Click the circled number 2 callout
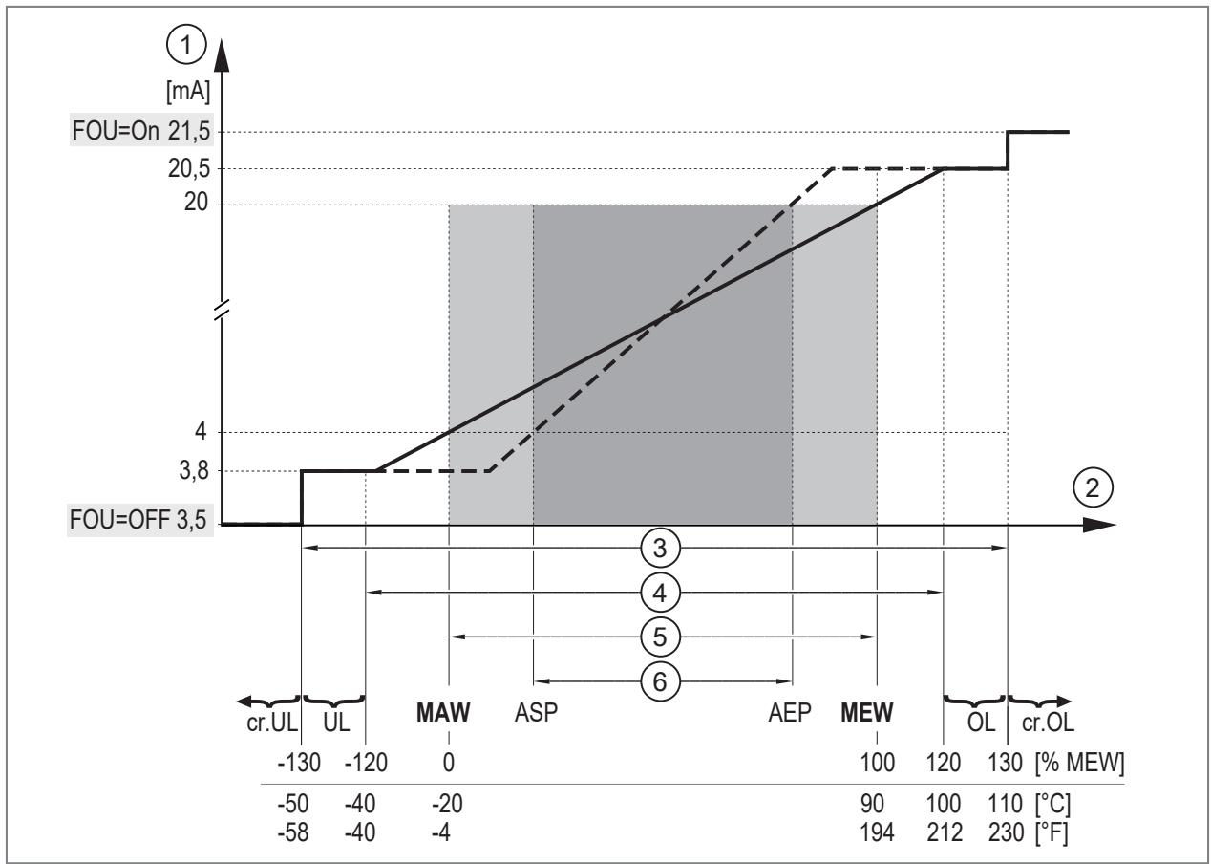point(1093,488)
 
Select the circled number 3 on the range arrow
point(660,548)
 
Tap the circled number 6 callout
point(660,681)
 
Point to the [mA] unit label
point(188,92)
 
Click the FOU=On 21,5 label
point(141,131)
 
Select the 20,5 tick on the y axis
point(189,169)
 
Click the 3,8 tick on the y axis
point(194,470)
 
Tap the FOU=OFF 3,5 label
point(138,520)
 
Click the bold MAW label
point(443,713)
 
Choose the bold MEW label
point(866,713)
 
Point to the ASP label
point(536,713)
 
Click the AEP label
point(790,713)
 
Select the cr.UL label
point(272,723)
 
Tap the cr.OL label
point(1048,723)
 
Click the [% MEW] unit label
point(1080,763)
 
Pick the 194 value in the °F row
point(877,832)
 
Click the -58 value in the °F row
point(293,832)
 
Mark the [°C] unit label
point(1052,804)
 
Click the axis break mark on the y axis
point(223,309)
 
